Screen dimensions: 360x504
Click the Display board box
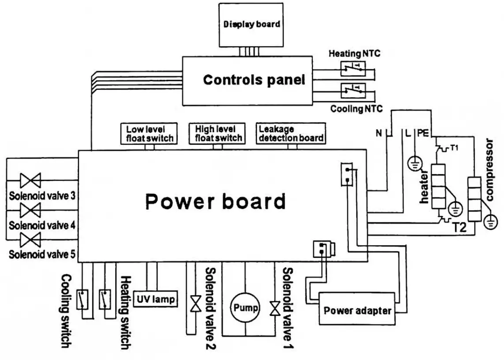tap(252, 24)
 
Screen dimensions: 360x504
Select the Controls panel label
tap(254, 80)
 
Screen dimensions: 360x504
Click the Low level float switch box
tap(149, 133)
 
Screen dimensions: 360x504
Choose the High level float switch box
tap(218, 133)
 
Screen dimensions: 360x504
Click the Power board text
tap(216, 201)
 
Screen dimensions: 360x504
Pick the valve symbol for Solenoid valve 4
tap(30, 209)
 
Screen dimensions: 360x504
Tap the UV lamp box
tap(154, 299)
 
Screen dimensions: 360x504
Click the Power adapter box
tap(357, 310)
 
